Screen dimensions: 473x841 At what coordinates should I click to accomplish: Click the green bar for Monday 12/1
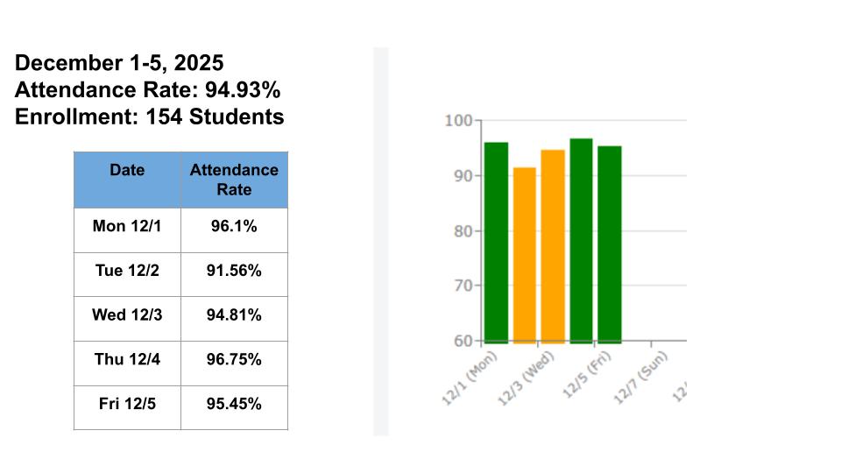pos(496,242)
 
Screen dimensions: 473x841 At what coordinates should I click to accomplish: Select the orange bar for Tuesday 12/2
pos(524,254)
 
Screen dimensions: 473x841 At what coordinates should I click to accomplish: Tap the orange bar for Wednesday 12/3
pos(553,245)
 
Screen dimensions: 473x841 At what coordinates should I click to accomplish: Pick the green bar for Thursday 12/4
pos(581,240)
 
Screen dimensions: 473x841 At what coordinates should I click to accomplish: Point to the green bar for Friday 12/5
pos(610,244)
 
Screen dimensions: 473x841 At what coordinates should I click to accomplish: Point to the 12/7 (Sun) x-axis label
pos(642,378)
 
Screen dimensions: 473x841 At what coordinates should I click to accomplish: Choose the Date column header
pos(127,170)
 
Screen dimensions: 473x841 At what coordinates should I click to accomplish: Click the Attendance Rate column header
pos(234,180)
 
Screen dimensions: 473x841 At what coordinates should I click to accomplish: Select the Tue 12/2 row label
pos(127,271)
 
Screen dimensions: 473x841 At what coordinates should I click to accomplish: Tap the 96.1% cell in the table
pos(234,226)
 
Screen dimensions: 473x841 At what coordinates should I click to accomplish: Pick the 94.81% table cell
pos(234,314)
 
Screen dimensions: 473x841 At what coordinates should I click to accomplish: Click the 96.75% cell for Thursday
pos(234,359)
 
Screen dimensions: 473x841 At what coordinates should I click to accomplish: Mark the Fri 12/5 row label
pos(127,404)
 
